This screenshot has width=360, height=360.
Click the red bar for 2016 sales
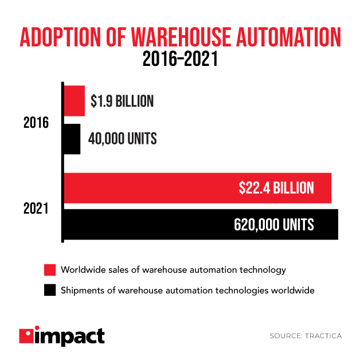(74, 101)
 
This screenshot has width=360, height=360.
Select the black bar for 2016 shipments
(72, 139)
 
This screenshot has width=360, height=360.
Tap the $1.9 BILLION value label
(122, 101)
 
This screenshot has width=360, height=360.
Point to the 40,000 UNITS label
(123, 139)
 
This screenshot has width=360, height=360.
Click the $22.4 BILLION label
(276, 188)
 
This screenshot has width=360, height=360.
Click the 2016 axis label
(36, 123)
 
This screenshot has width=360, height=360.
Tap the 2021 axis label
(36, 209)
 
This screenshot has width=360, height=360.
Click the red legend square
(50, 269)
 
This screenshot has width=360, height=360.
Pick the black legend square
(50, 290)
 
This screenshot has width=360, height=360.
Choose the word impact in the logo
(69, 335)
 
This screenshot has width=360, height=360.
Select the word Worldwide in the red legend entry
(83, 269)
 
